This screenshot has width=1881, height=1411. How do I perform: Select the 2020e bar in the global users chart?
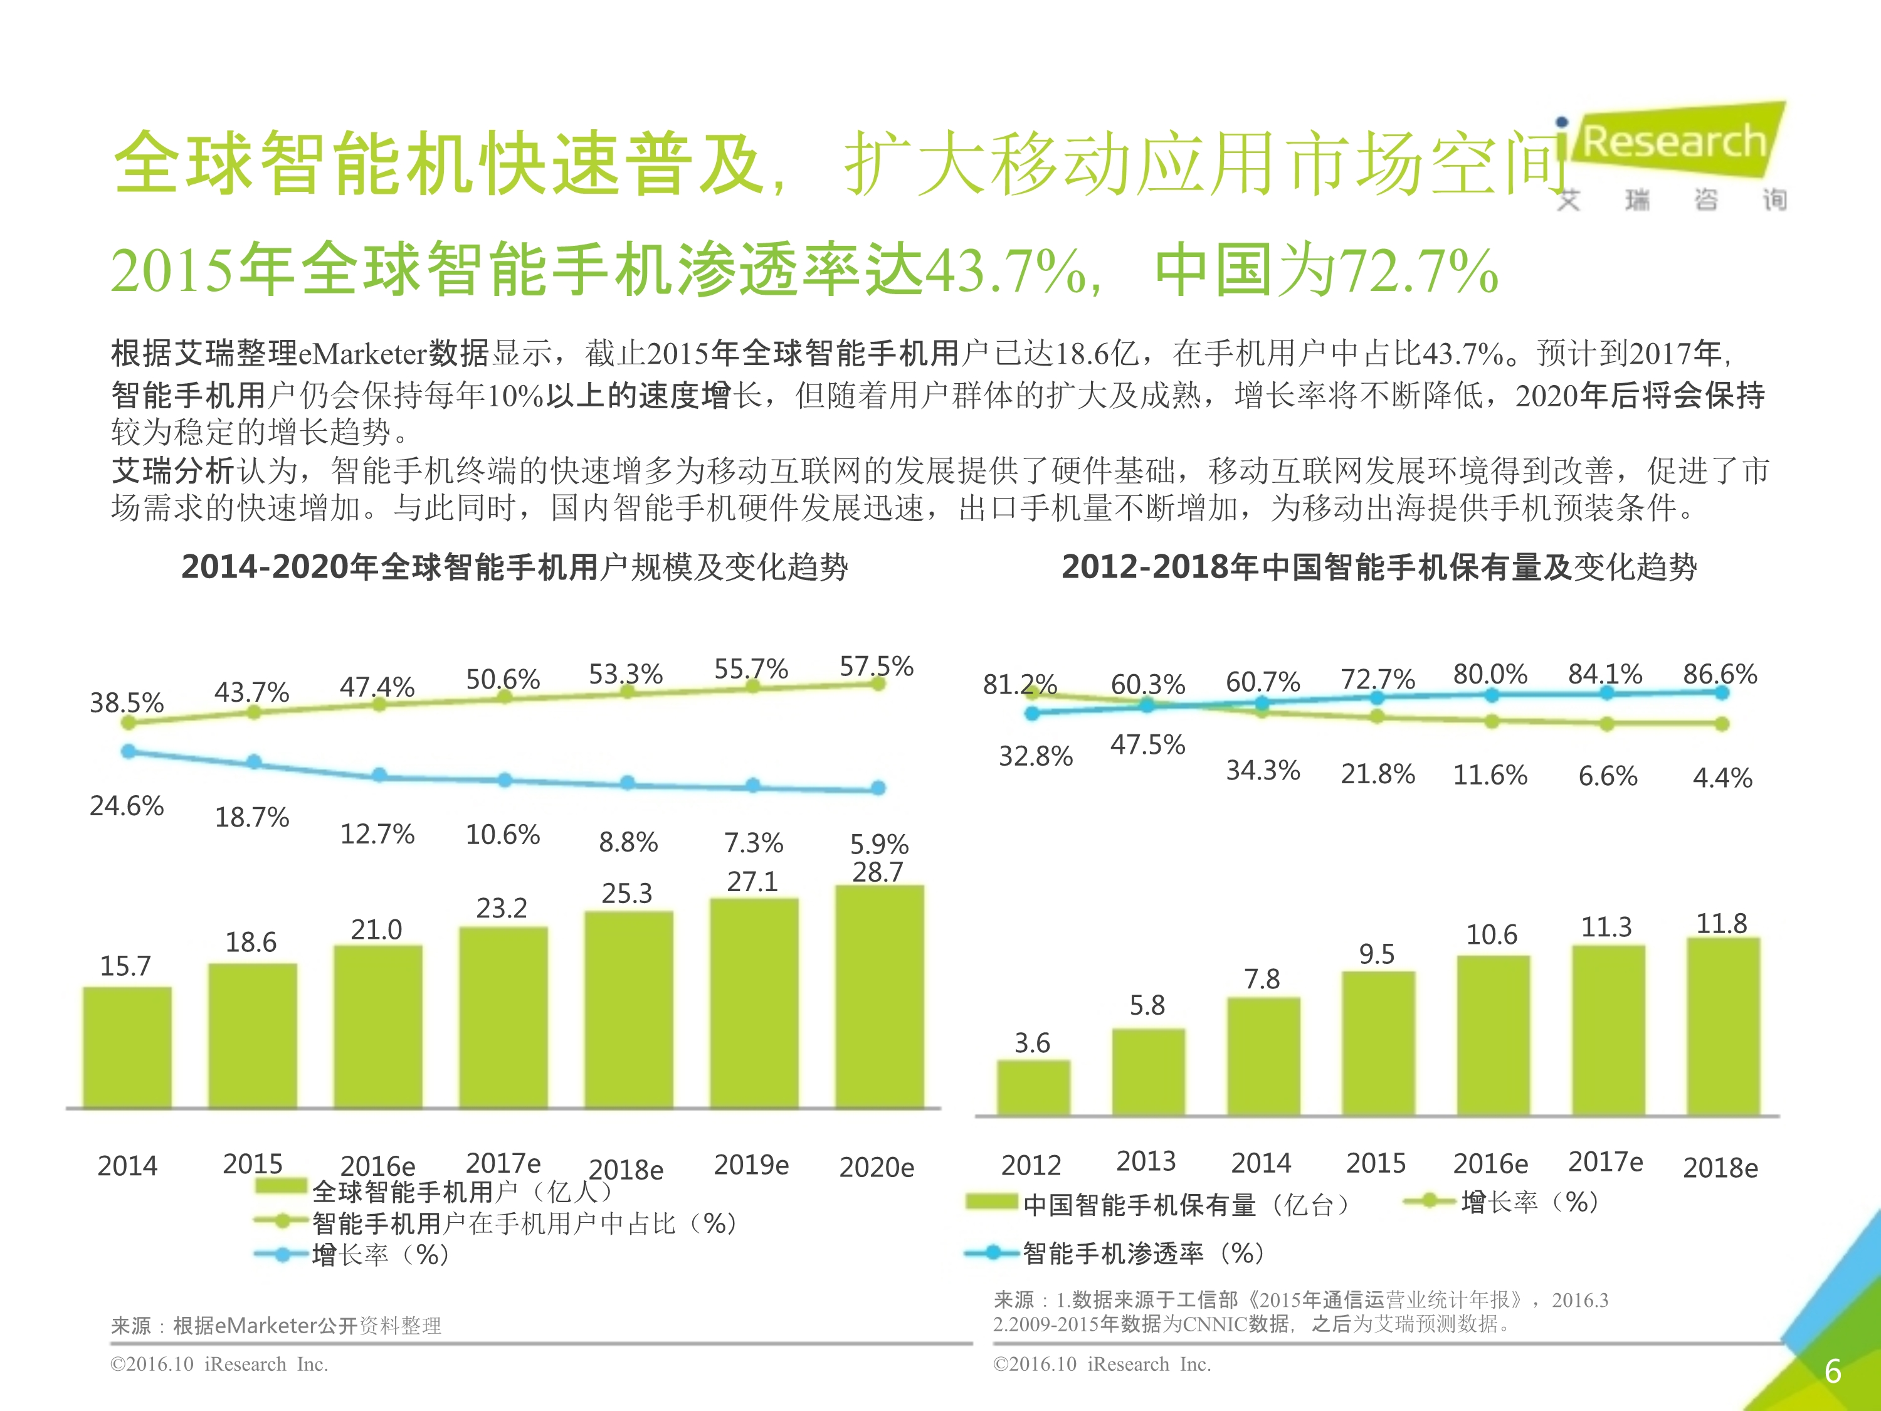pos(879,997)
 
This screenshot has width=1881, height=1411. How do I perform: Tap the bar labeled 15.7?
pos(127,1047)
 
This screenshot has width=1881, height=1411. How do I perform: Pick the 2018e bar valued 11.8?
pos(1723,1026)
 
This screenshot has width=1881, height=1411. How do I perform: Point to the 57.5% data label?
pos(876,666)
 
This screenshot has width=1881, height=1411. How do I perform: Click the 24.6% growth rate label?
pos(127,805)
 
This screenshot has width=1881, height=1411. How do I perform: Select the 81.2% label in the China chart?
pos(1019,684)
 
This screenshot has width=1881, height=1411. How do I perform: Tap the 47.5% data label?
pos(1147,745)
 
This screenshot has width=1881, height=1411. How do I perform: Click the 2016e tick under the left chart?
pos(377,1165)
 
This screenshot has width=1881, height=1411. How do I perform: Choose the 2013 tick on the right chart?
pos(1146,1161)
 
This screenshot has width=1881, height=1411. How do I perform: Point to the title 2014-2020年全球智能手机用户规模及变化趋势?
pos(515,566)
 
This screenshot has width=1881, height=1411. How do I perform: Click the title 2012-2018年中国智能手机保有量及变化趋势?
pos(1378,566)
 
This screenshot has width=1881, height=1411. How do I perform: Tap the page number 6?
pos(1833,1371)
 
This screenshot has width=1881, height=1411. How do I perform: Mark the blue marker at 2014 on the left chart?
pos(129,751)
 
